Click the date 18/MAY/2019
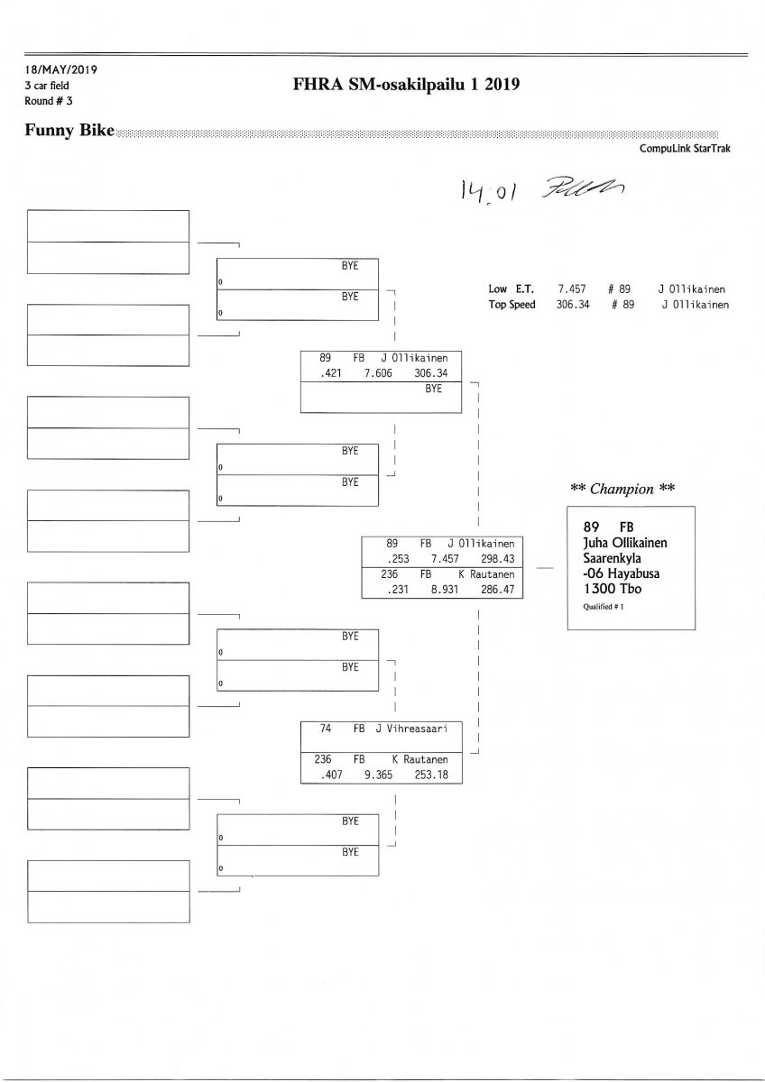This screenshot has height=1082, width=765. (x=61, y=69)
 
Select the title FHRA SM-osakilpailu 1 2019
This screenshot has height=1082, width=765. (x=408, y=85)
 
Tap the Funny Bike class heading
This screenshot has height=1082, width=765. (x=70, y=131)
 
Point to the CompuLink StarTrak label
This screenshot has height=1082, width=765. (x=685, y=149)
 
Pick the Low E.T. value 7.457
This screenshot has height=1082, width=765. (x=572, y=289)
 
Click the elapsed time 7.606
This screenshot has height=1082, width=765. (x=377, y=372)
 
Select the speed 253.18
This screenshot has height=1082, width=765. (x=431, y=775)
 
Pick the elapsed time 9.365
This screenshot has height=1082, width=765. (x=377, y=775)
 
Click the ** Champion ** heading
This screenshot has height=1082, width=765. (x=622, y=489)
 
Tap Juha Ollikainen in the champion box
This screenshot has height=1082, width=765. (x=625, y=542)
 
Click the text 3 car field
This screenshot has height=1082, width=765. (x=55, y=85)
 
